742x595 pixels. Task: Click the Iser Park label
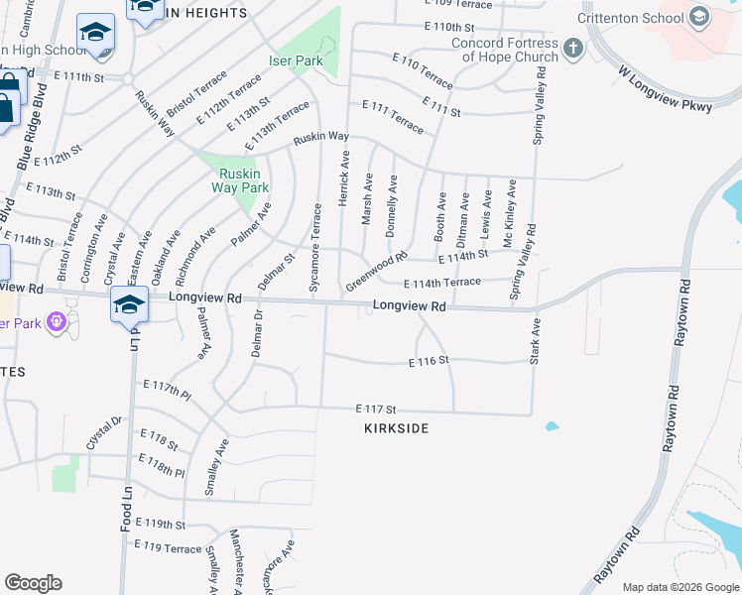coord(297,60)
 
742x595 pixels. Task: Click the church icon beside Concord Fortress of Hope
coord(572,49)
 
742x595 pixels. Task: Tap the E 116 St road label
coord(429,362)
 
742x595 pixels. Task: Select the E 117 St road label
coord(376,409)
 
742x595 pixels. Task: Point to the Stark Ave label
coord(535,341)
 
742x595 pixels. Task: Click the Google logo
coord(33,583)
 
